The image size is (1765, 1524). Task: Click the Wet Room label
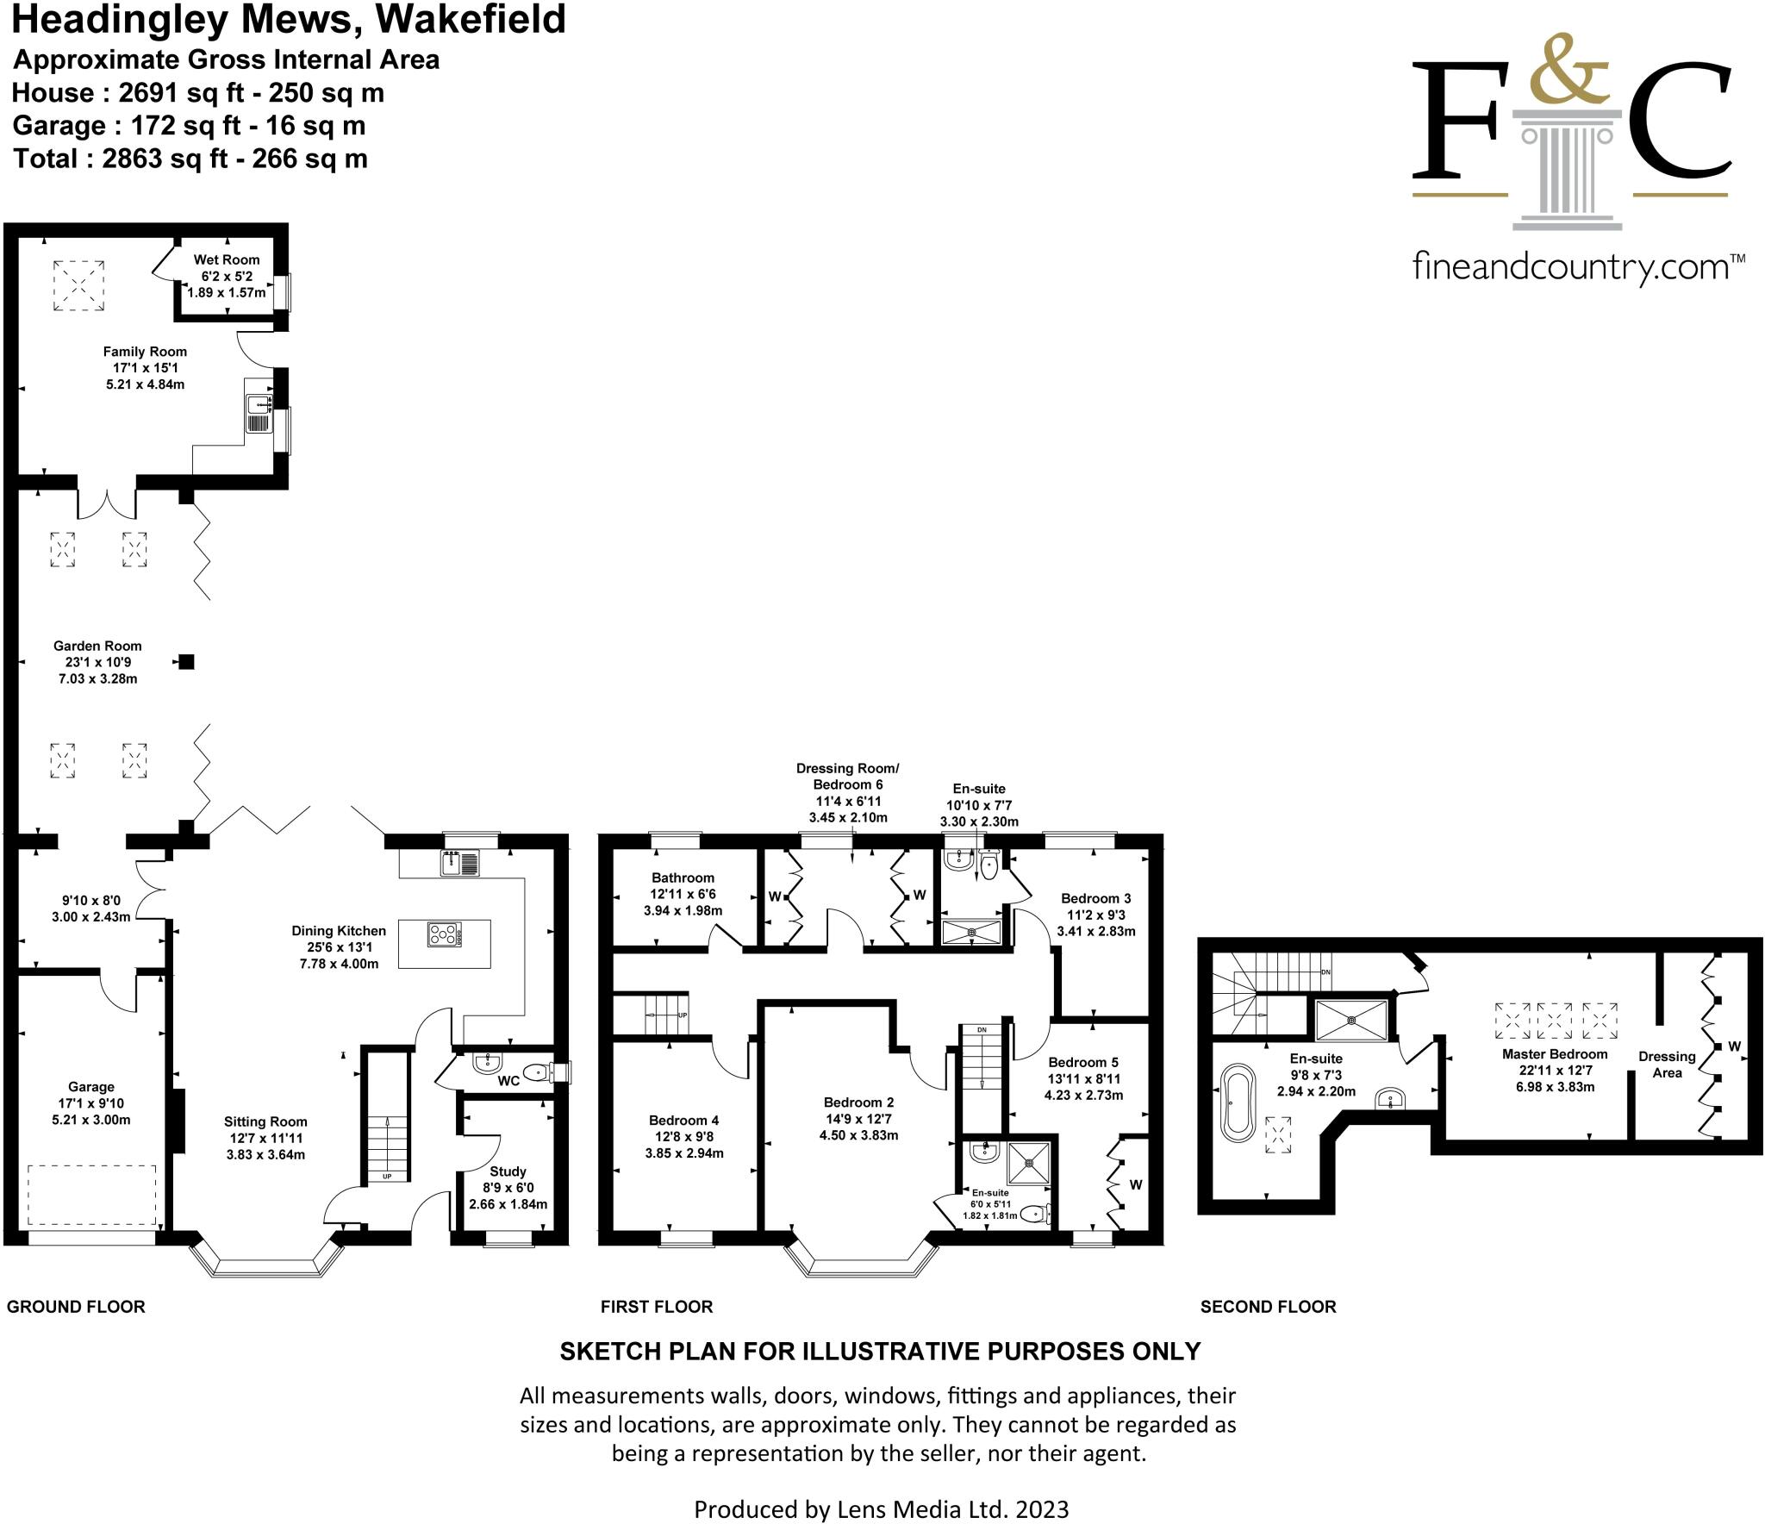pyautogui.click(x=226, y=259)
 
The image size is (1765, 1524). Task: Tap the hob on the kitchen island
pyautogui.click(x=444, y=934)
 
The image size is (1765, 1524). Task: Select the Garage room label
pyautogui.click(x=91, y=1087)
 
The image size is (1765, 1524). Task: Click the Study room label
pyautogui.click(x=508, y=1171)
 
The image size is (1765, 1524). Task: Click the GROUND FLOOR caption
pyautogui.click(x=76, y=1307)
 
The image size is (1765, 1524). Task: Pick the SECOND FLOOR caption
pyautogui.click(x=1268, y=1307)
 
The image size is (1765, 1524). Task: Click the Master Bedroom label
pyautogui.click(x=1555, y=1054)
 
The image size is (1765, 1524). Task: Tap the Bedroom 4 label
pyautogui.click(x=683, y=1121)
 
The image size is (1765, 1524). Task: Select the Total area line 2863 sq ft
pyautogui.click(x=190, y=159)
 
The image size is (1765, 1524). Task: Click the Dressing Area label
pyautogui.click(x=1667, y=1065)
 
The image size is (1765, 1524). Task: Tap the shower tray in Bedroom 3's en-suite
pyautogui.click(x=971, y=932)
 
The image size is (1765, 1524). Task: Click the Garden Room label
pyautogui.click(x=97, y=646)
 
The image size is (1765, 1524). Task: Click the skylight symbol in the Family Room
pyautogui.click(x=78, y=285)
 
